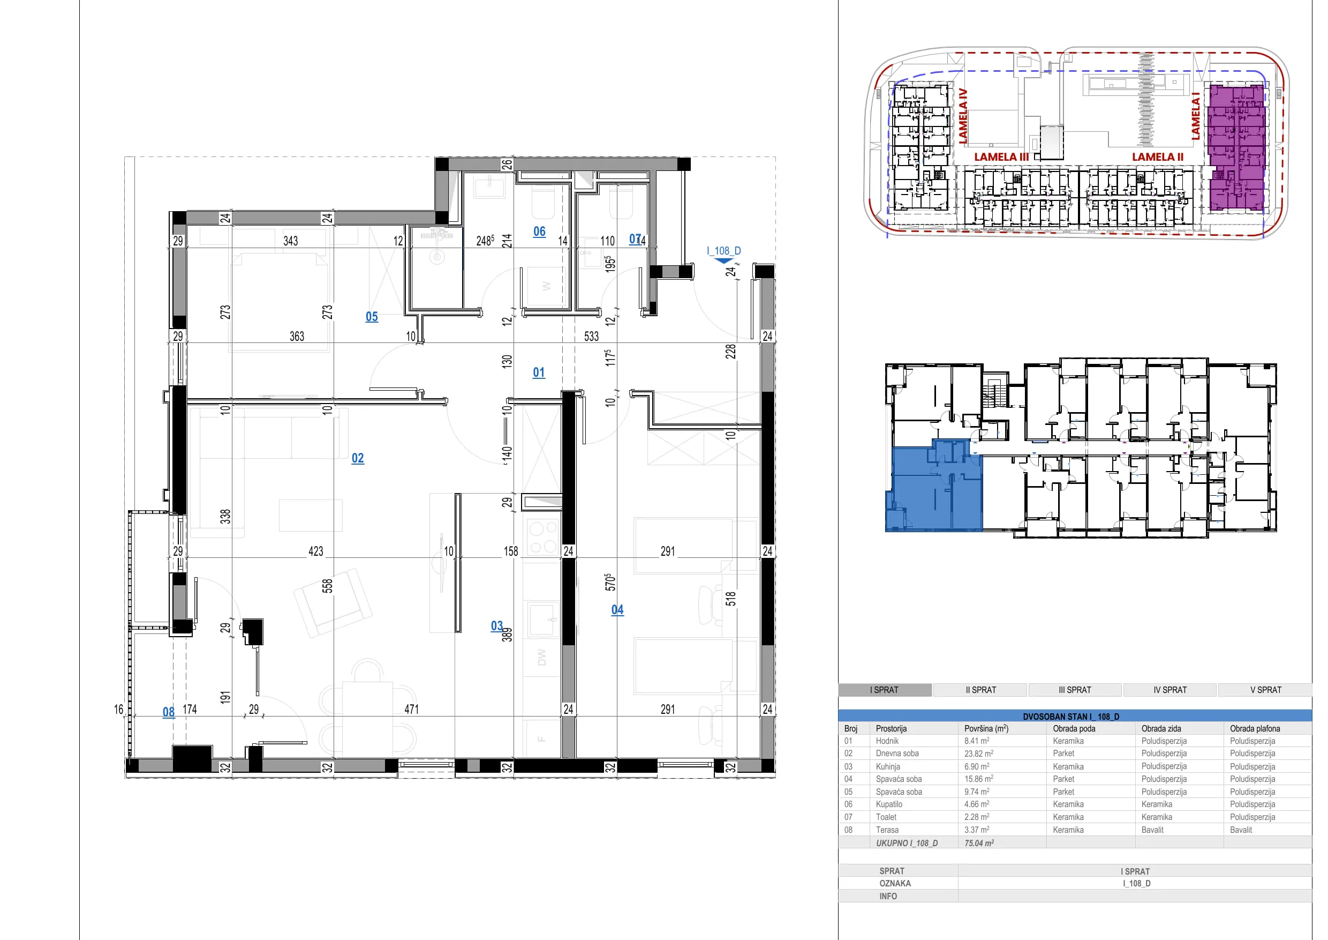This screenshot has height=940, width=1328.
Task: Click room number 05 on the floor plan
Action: pyautogui.click(x=372, y=317)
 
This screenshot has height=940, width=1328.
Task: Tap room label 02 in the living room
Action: pyautogui.click(x=358, y=458)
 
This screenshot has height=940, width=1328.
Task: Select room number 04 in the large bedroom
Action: pyautogui.click(x=618, y=609)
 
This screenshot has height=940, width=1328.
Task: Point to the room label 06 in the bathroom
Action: pyautogui.click(x=540, y=232)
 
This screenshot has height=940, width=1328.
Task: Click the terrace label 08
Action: pyautogui.click(x=168, y=712)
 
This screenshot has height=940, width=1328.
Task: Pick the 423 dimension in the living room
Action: pyautogui.click(x=316, y=551)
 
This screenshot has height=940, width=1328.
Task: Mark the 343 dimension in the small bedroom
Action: pyautogui.click(x=290, y=241)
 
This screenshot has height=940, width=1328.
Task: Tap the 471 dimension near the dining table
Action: pyautogui.click(x=411, y=709)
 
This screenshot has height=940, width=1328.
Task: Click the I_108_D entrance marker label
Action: pyautogui.click(x=723, y=251)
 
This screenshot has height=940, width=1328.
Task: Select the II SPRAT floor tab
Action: pyautogui.click(x=981, y=690)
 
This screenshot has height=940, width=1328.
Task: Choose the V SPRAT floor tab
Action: pyautogui.click(x=1265, y=690)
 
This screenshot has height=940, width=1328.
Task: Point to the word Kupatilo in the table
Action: pyautogui.click(x=889, y=804)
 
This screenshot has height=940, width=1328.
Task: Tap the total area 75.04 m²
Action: pyautogui.click(x=979, y=843)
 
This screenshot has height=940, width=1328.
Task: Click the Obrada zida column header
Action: pyautogui.click(x=1161, y=728)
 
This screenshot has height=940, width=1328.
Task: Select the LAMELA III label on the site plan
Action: pyautogui.click(x=1001, y=157)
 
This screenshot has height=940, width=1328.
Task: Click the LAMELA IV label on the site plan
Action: pyautogui.click(x=963, y=116)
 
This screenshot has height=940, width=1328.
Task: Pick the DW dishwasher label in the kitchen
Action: pyautogui.click(x=541, y=657)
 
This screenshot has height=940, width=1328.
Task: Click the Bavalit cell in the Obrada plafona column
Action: pyautogui.click(x=1241, y=830)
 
